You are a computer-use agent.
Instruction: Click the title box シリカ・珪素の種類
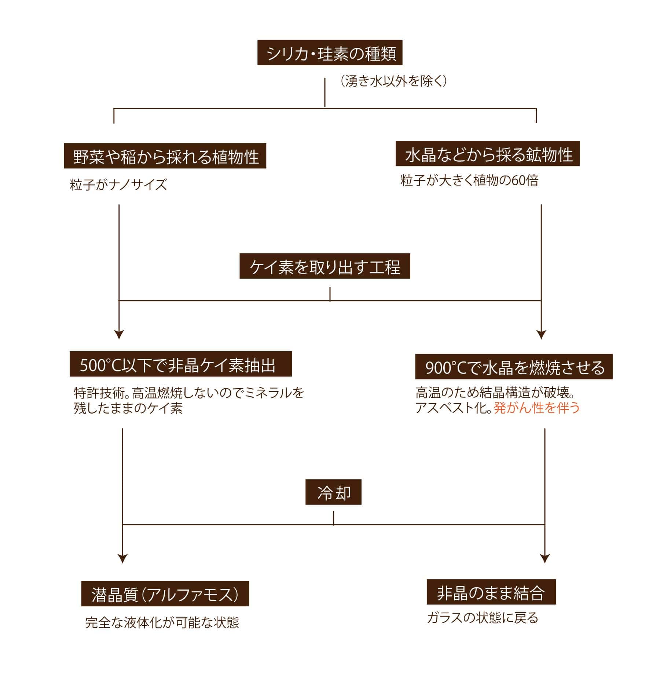tap(330, 53)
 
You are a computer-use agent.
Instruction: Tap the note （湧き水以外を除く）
tap(393, 81)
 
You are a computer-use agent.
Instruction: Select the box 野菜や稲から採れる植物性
tap(165, 156)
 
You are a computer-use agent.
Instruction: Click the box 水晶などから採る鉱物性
tap(488, 154)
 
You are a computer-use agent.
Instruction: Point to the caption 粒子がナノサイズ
tap(118, 184)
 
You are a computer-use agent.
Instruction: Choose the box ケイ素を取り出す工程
tap(324, 266)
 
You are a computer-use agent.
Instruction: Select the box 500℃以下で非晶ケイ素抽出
tap(181, 364)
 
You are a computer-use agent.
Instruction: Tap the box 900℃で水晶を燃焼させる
tap(514, 367)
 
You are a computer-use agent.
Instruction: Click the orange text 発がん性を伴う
tap(537, 408)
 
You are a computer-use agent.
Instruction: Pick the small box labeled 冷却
tap(333, 492)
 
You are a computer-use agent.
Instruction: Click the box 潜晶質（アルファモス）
tap(165, 594)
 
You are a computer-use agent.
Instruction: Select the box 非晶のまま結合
tap(491, 592)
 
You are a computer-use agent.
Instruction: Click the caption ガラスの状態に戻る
tap(483, 618)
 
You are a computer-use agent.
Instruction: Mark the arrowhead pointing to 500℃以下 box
tap(119, 335)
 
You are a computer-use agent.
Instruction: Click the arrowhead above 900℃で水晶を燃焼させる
tap(541, 335)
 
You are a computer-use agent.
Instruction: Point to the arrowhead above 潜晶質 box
tap(122, 558)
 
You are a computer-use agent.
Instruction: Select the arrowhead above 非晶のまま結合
tap(545, 558)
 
